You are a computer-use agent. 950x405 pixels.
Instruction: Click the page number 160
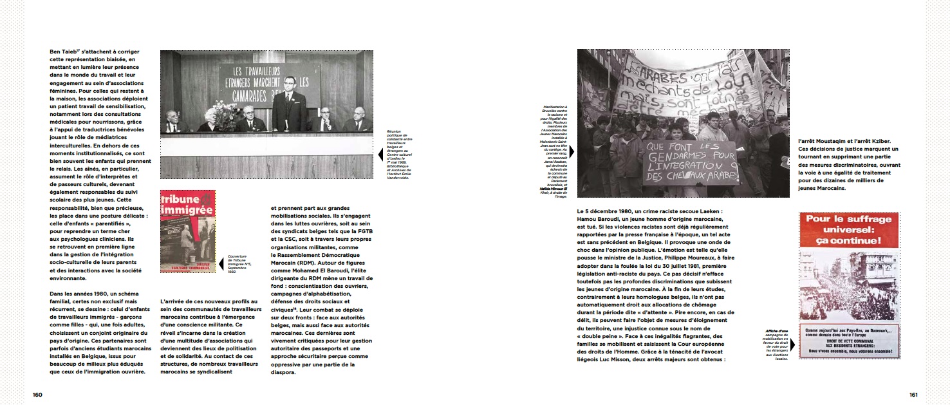(x=37, y=394)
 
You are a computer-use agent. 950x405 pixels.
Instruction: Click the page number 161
(x=913, y=394)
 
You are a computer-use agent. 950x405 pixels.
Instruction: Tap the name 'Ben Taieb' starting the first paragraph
(x=63, y=52)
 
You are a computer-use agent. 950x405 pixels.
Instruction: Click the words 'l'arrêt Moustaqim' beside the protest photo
(x=824, y=141)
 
